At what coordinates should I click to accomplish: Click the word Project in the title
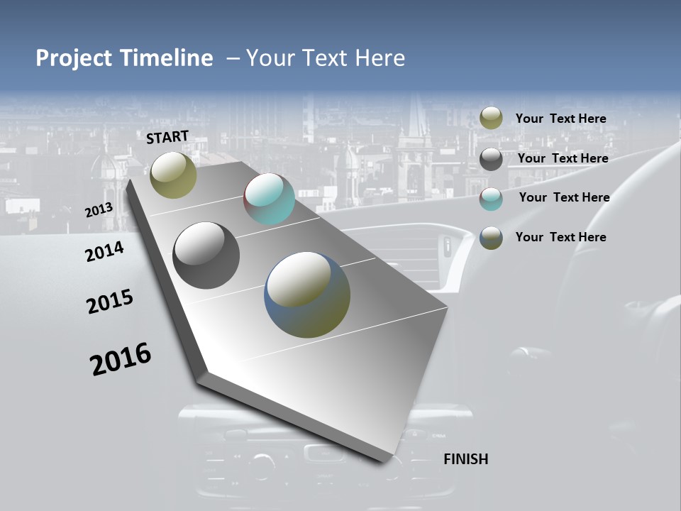pos(74,58)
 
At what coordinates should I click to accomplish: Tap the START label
pos(167,137)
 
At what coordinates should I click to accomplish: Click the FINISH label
pos(465,459)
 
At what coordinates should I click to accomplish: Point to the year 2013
pos(99,210)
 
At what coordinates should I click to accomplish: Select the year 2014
pos(104,251)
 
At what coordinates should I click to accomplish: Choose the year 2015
pos(110,302)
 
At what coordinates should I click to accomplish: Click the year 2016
pos(121,359)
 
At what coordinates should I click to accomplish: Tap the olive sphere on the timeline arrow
pos(174,175)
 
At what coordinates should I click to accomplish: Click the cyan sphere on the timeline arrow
pos(269,199)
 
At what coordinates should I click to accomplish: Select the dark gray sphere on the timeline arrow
pos(206,255)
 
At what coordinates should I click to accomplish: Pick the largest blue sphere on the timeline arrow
pos(307,295)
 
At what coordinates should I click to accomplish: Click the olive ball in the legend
pos(491,119)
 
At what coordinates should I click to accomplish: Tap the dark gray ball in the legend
pos(491,159)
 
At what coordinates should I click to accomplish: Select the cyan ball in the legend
pos(491,199)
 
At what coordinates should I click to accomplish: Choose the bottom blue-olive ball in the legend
pos(491,238)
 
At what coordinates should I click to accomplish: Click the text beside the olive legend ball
pos(560,119)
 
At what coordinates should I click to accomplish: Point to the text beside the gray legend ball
pos(563,158)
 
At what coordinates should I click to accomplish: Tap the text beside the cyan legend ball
pos(564,197)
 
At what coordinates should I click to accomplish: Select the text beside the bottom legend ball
pos(560,237)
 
